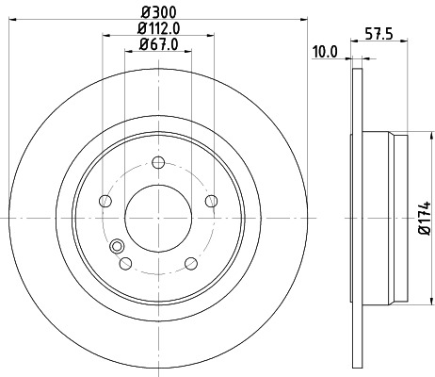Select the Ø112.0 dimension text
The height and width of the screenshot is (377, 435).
click(x=158, y=27)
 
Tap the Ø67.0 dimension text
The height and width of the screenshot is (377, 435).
click(x=158, y=43)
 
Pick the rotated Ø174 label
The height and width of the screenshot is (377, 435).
click(x=425, y=217)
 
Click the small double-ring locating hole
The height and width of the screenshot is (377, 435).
click(x=117, y=247)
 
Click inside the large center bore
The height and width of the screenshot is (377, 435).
click(x=158, y=216)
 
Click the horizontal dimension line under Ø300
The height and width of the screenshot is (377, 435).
click(x=158, y=18)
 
